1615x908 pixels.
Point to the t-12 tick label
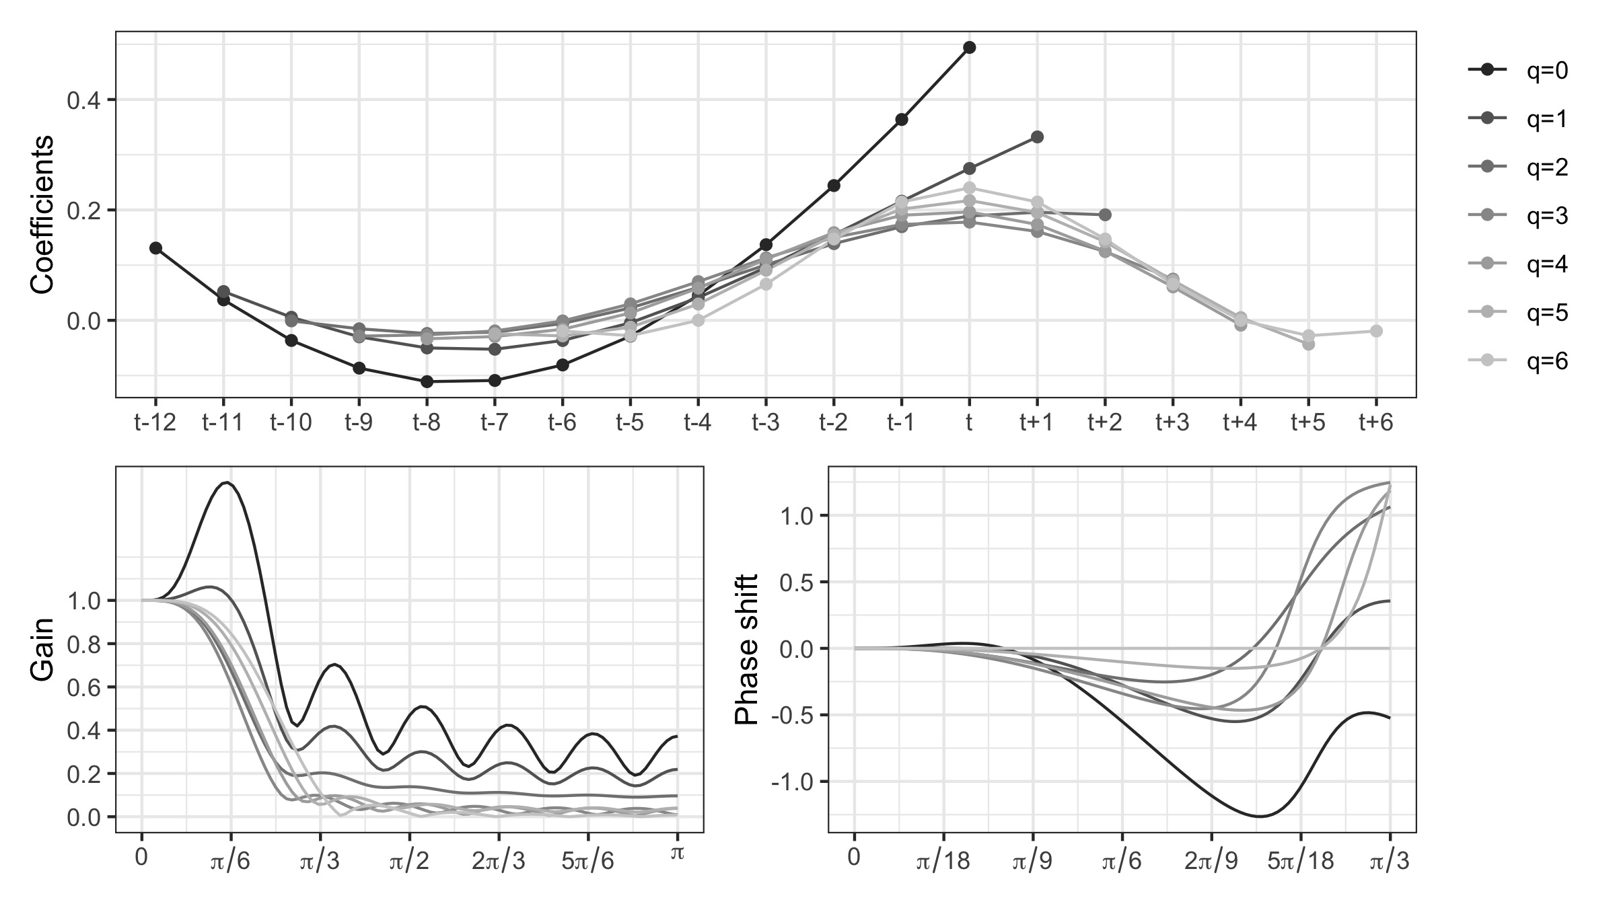click(155, 422)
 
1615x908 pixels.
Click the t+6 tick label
click(1376, 422)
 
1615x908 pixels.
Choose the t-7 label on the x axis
click(495, 422)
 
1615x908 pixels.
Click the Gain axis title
click(42, 660)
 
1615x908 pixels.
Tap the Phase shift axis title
click(747, 650)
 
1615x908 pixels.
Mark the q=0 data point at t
click(969, 47)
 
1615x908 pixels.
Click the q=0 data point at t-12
click(155, 248)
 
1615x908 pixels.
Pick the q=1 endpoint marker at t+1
click(1037, 137)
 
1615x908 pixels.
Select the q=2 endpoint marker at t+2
click(1105, 215)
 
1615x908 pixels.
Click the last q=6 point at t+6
click(1376, 331)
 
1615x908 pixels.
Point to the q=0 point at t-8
click(427, 382)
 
